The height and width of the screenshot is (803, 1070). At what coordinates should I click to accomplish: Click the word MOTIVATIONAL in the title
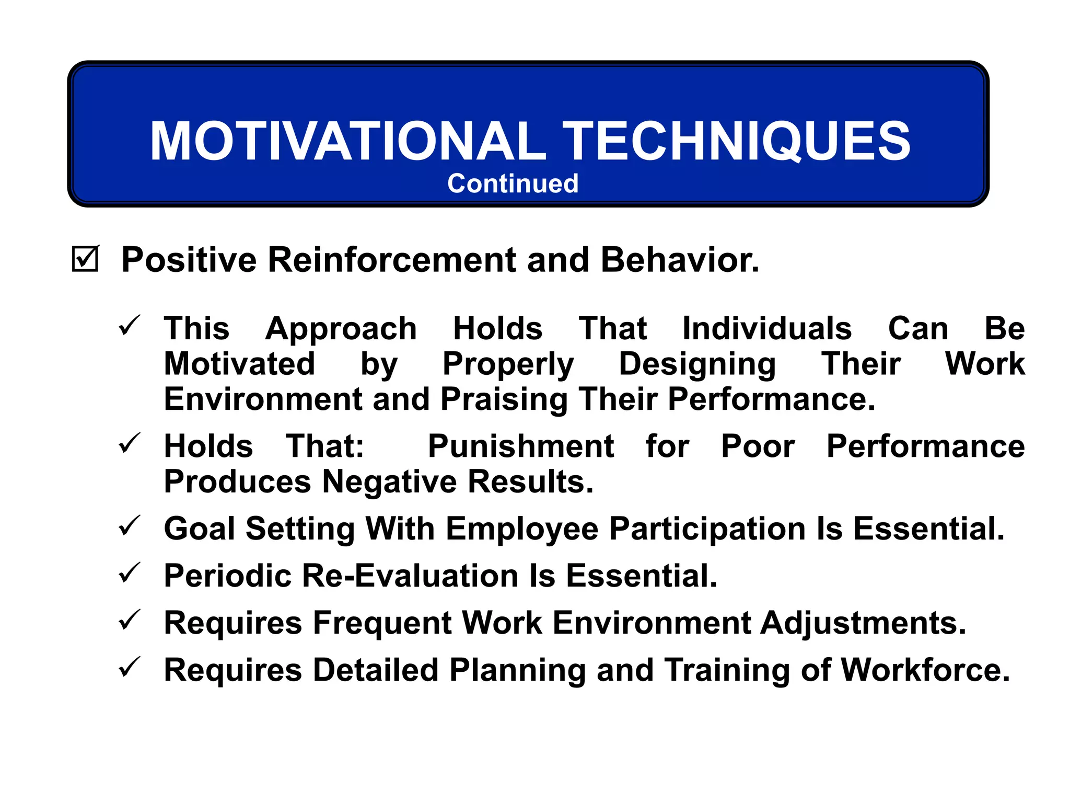click(x=347, y=141)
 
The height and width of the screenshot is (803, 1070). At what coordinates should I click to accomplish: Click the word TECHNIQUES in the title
click(x=736, y=141)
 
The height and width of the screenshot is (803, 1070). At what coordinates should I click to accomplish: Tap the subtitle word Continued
click(x=513, y=183)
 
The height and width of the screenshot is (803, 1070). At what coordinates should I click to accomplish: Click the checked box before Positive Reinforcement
click(x=85, y=259)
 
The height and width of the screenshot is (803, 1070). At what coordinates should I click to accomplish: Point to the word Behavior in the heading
click(x=679, y=259)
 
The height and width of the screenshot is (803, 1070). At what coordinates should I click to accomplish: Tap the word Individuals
click(x=767, y=329)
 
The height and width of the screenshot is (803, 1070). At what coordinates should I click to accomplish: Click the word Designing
click(x=697, y=364)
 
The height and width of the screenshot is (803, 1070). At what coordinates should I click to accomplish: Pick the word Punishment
click(x=520, y=446)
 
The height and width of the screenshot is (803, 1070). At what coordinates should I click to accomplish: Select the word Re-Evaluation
click(x=410, y=576)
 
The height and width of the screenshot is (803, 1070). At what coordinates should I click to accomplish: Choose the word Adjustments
click(x=863, y=623)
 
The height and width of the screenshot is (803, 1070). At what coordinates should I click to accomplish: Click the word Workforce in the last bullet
click(x=925, y=670)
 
